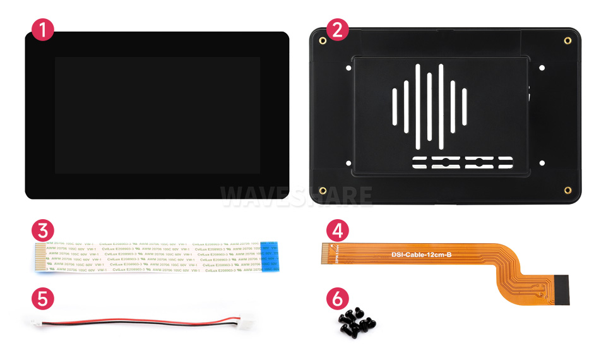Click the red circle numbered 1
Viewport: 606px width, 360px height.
click(x=43, y=30)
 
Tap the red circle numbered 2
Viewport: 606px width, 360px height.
click(x=336, y=30)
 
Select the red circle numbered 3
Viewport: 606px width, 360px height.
click(x=43, y=230)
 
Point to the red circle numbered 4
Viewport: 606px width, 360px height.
click(x=336, y=230)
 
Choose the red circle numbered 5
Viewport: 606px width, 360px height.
click(x=43, y=299)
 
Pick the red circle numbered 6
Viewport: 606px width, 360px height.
click(x=336, y=299)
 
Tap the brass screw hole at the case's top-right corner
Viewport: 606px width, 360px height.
click(x=567, y=41)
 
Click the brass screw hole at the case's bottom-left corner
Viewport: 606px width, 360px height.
click(x=323, y=190)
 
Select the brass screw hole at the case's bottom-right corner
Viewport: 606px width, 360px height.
click(x=567, y=190)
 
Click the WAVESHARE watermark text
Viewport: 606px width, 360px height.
click(x=297, y=195)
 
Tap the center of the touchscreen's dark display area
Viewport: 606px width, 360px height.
click(x=157, y=116)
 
